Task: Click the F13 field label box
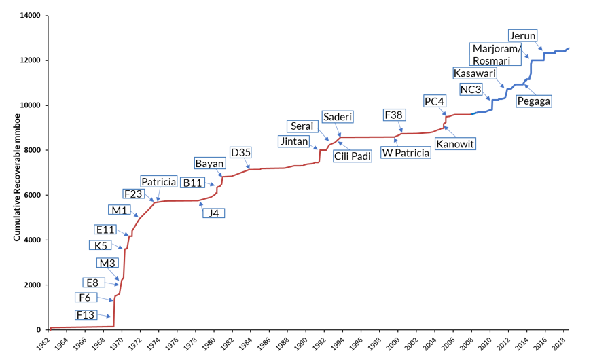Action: [x=85, y=314]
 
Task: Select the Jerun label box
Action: [x=522, y=35]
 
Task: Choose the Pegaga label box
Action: [x=533, y=101]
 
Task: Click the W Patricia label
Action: [x=406, y=153]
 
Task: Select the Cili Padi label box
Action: [x=352, y=156]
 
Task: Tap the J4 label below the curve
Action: [x=214, y=213]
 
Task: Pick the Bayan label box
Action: [x=209, y=163]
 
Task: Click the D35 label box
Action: [x=240, y=152]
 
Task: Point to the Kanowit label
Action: [x=455, y=143]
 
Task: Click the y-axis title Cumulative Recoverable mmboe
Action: [x=16, y=173]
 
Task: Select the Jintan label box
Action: [x=293, y=141]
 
